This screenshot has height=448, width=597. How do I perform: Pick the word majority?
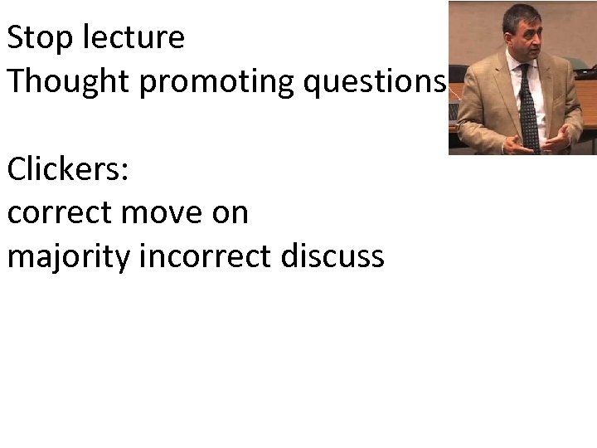pos(70,257)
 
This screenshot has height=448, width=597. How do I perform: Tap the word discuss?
pos(332,257)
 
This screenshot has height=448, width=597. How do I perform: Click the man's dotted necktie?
pos(527,108)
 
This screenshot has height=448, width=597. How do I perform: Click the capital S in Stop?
pos(17,37)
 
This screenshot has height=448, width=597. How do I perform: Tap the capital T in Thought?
pos(17,81)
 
